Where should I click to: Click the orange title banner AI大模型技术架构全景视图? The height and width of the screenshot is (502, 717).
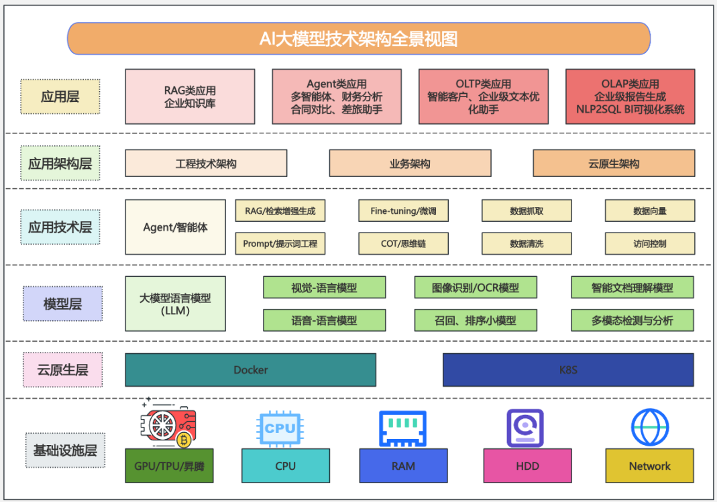tap(358, 39)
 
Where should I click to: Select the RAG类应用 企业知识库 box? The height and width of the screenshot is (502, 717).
tap(190, 97)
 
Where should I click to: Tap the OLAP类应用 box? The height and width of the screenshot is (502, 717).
tap(630, 97)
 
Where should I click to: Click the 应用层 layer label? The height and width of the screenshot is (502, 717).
tap(60, 97)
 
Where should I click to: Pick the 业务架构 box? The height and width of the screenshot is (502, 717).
tap(410, 163)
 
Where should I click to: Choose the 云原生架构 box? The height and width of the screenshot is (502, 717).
tap(614, 163)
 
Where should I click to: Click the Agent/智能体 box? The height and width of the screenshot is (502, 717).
tap(175, 227)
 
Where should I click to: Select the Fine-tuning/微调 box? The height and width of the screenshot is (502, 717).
tap(403, 210)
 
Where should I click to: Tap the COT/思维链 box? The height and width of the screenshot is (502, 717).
tap(403, 243)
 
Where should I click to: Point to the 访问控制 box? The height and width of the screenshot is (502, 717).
tap(650, 243)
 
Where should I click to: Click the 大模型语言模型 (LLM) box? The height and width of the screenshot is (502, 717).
tap(175, 304)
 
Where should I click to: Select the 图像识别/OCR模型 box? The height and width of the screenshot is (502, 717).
tap(476, 288)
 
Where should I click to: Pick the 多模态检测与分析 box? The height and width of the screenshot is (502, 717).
tap(632, 320)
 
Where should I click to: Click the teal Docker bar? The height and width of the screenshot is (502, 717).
tap(251, 369)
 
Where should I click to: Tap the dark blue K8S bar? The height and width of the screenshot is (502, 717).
tap(568, 369)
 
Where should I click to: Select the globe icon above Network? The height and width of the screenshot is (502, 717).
tap(650, 428)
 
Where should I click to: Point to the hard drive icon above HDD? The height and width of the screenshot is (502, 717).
tap(525, 428)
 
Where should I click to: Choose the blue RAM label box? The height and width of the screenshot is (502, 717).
tap(403, 466)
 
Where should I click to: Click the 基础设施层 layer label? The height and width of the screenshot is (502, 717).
tap(65, 450)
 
